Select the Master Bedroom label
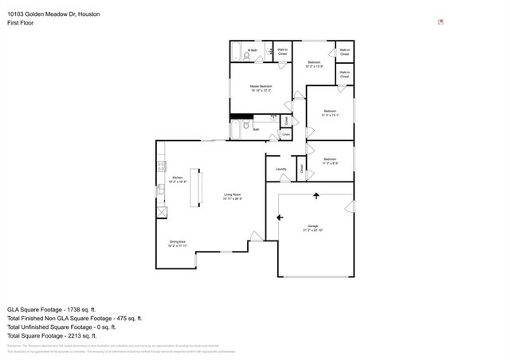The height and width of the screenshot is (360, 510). [261, 88]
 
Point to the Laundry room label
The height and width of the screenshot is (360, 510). [280, 169]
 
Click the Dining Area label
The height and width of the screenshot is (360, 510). [177, 243]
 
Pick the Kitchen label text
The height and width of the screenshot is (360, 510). [177, 179]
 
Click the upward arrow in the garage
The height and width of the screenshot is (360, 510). [316, 195]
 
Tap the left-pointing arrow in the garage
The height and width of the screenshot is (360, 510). [279, 217]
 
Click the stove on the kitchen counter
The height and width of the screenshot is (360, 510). [161, 166]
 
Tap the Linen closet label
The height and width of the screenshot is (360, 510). [286, 134]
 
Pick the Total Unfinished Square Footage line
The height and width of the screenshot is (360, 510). [61, 327]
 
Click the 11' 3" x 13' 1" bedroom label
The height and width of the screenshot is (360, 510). [330, 113]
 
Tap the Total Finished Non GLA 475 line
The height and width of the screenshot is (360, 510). [75, 318]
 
